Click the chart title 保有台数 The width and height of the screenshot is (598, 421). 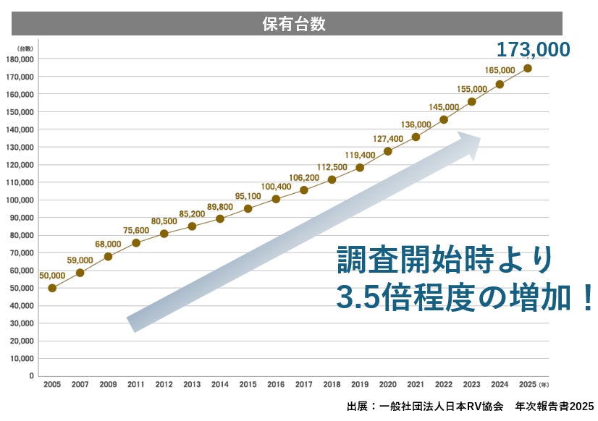(293, 23)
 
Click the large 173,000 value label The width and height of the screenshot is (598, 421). (533, 50)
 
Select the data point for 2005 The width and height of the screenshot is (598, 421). (52, 288)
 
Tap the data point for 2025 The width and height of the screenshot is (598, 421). (528, 68)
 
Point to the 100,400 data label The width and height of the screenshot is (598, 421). (276, 187)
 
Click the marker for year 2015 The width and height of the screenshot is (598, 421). (248, 208)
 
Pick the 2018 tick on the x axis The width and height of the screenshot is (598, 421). (332, 384)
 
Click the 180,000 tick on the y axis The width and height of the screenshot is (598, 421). (22, 59)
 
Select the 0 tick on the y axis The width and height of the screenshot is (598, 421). (31, 376)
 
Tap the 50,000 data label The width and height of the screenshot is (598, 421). (52, 275)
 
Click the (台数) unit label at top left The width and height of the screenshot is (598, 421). (25, 48)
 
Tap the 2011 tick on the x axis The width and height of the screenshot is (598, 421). (136, 384)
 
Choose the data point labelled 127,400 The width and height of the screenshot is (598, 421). (388, 151)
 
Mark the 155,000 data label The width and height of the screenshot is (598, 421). (472, 89)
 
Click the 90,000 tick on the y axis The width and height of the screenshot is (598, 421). (22, 218)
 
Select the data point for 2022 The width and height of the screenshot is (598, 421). (444, 119)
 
